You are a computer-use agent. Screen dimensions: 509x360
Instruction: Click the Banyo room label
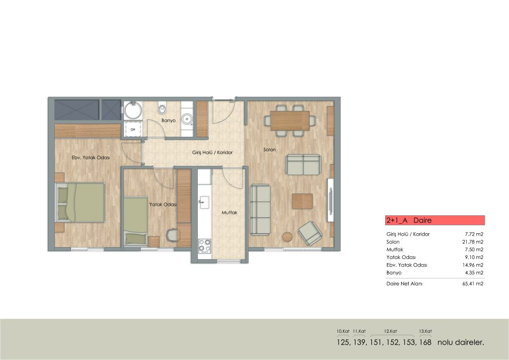(x=169, y=120)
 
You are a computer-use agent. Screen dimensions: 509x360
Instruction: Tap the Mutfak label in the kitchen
(x=230, y=213)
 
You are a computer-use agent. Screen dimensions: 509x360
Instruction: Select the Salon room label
(x=269, y=150)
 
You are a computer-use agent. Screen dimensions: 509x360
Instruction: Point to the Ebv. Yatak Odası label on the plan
(x=91, y=158)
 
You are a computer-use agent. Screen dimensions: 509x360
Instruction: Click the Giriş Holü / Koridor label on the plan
(x=212, y=152)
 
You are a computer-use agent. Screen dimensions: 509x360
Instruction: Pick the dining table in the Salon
(x=290, y=120)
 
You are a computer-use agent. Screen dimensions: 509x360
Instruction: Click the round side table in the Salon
(x=288, y=237)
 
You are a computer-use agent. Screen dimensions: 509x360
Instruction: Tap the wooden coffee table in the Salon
(x=302, y=201)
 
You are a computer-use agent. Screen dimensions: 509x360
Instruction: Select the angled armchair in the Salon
(x=310, y=233)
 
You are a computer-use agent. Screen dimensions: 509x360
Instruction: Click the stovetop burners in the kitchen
(x=204, y=246)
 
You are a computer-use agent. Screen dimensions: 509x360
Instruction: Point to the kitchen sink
(x=204, y=202)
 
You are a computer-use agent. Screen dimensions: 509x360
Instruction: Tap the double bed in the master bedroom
(x=80, y=202)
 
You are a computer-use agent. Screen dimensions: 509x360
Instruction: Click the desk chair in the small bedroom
(x=173, y=235)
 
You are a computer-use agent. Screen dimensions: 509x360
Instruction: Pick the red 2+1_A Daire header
(x=435, y=220)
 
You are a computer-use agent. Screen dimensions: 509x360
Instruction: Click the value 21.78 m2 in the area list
(x=473, y=242)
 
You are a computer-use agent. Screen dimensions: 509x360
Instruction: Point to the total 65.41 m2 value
(x=473, y=284)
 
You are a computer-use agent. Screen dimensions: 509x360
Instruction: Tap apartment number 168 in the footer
(x=425, y=342)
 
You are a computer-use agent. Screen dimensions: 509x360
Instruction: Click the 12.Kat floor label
(x=391, y=331)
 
